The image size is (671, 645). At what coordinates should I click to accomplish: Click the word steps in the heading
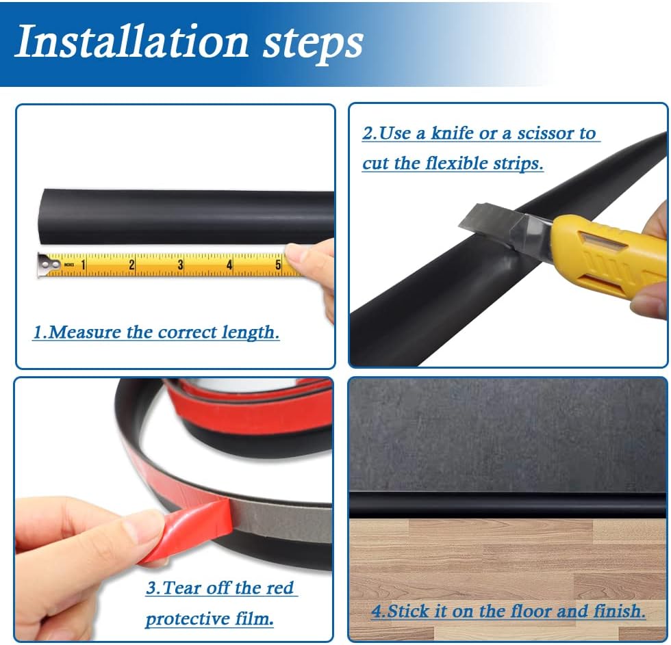click(x=311, y=42)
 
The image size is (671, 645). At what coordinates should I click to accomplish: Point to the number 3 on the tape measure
click(x=180, y=265)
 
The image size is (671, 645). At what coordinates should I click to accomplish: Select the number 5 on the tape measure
click(x=278, y=265)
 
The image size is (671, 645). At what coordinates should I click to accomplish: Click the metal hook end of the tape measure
click(x=47, y=263)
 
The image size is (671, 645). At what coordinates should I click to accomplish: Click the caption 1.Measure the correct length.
click(x=156, y=333)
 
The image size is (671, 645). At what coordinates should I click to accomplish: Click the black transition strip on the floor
click(x=507, y=505)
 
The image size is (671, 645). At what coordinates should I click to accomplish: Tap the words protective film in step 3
click(x=210, y=619)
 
